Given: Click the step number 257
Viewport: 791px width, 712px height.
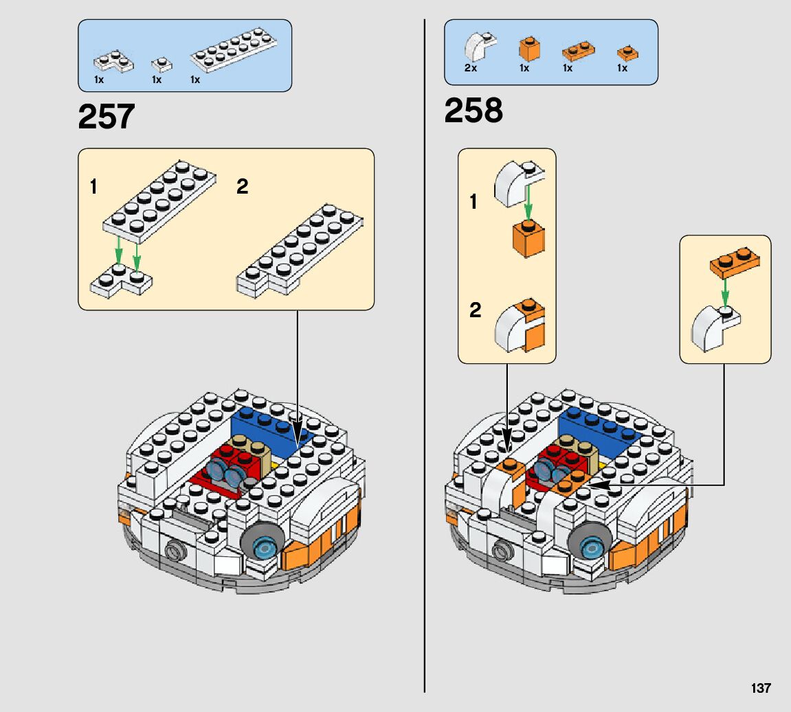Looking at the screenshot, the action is (107, 117).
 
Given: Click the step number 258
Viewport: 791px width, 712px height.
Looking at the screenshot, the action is (474, 111).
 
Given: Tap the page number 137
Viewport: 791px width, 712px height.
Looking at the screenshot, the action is (761, 688).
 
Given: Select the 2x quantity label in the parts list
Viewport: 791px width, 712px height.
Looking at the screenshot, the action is (471, 68).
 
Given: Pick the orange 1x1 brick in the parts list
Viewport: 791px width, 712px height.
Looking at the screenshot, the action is (528, 49).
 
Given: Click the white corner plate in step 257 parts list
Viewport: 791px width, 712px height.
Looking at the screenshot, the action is (114, 62).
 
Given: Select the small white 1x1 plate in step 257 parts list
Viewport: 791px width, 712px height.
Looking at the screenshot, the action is (161, 65).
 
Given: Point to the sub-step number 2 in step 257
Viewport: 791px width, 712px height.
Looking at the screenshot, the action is (242, 186).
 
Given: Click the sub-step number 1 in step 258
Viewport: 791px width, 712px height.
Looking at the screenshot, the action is (474, 202).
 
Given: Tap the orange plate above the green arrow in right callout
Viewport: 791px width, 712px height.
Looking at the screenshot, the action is (735, 264).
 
